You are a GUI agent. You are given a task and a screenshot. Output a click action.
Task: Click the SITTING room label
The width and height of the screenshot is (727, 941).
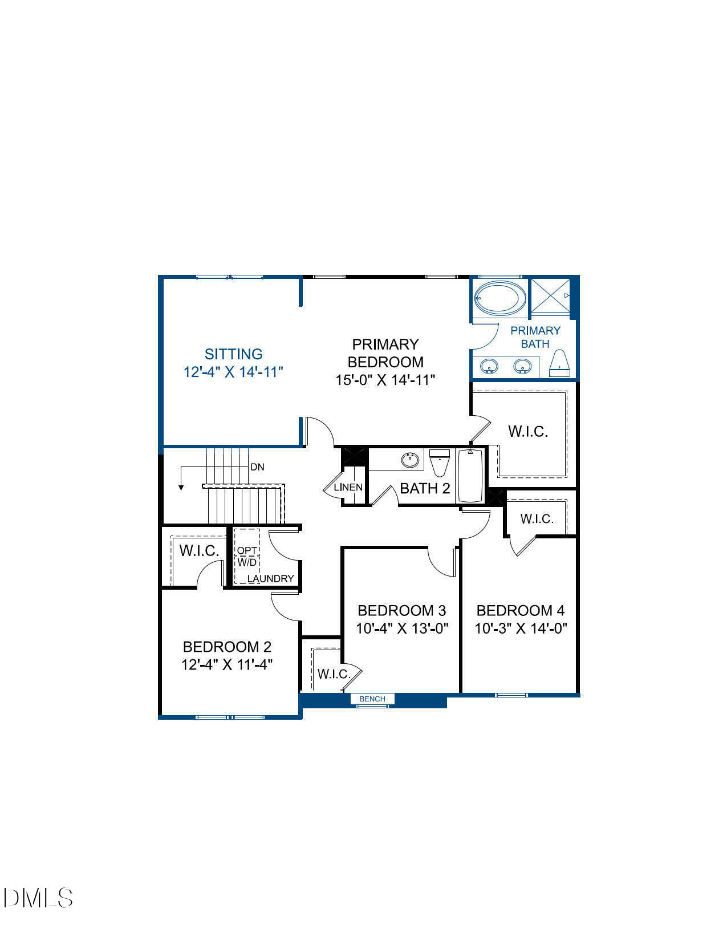coord(234,354)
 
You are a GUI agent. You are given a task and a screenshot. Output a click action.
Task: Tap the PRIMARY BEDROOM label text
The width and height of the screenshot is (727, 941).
coord(385,353)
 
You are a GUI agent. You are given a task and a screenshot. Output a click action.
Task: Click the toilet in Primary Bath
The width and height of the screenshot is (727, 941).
coord(561,363)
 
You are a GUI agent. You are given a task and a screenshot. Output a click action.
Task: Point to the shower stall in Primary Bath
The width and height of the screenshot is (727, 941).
coord(550,295)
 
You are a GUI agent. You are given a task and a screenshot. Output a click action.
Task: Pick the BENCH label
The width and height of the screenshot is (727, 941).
coord(372,699)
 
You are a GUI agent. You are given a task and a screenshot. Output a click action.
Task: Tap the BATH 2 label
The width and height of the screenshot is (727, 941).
coord(425,488)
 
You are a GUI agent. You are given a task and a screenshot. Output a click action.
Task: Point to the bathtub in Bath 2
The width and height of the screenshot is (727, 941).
coord(470,476)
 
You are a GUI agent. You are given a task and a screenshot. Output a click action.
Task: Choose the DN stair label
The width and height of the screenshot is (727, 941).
coord(257,467)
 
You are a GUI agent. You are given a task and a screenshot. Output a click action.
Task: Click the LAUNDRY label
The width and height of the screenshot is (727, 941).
coord(271,578)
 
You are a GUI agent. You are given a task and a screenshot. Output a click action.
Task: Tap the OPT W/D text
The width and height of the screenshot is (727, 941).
coord(247,557)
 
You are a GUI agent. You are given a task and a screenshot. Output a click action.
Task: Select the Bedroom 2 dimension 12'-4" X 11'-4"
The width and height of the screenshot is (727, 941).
coord(227,665)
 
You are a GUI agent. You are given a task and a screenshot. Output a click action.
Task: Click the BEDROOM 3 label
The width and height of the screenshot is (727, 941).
coord(401,611)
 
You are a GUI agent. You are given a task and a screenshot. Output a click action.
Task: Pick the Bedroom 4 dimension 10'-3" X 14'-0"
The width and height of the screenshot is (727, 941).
coord(521,628)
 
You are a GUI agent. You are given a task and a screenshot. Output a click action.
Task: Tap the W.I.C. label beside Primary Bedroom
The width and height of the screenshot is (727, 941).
coord(528,432)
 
